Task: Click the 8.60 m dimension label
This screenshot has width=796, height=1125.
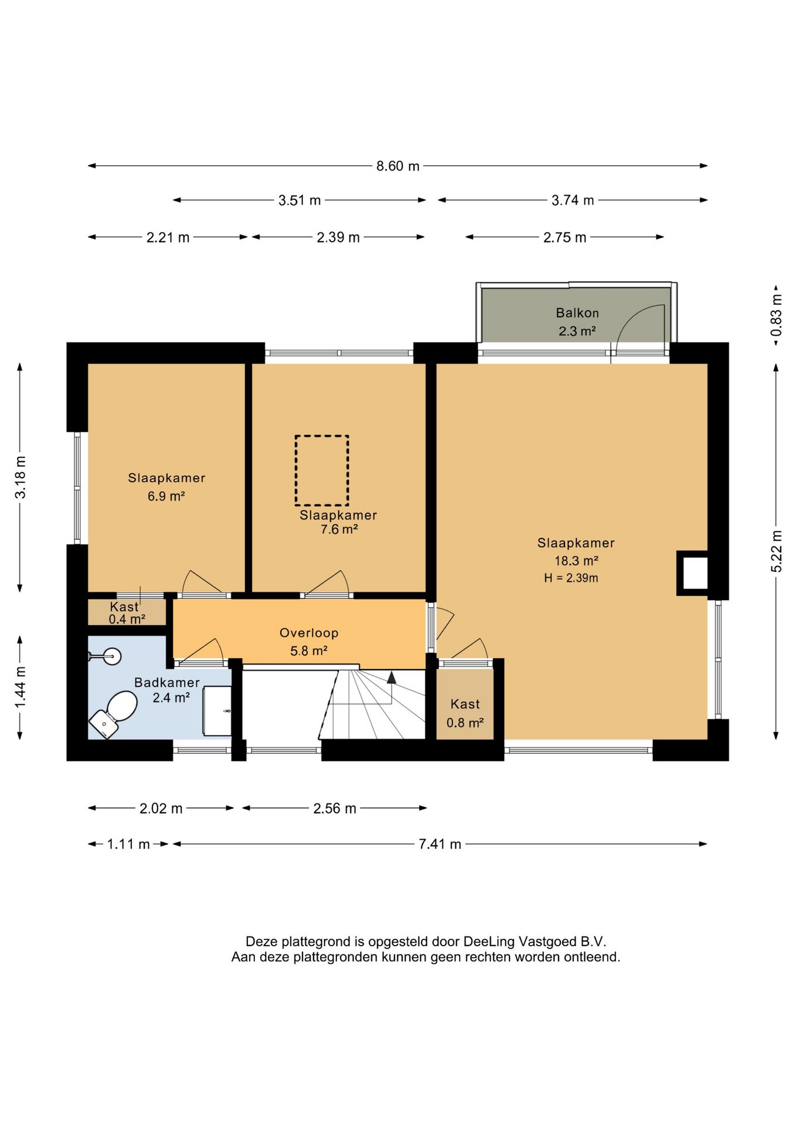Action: click(398, 166)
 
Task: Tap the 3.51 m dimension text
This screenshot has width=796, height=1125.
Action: click(300, 200)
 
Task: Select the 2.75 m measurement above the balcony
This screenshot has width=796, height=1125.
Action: click(564, 237)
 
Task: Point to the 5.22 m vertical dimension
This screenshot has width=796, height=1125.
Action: click(776, 551)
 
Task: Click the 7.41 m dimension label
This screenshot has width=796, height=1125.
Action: click(440, 844)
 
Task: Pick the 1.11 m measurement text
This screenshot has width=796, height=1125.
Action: click(128, 844)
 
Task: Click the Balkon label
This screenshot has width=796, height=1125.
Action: click(577, 313)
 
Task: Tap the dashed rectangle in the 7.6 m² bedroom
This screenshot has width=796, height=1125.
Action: click(322, 471)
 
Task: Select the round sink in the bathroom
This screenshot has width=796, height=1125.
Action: click(111, 656)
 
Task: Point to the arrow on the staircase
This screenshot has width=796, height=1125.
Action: click(391, 678)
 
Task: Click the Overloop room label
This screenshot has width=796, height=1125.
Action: click(309, 633)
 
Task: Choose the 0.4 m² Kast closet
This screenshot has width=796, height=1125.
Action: click(127, 612)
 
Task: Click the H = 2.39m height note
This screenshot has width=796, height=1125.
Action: click(571, 578)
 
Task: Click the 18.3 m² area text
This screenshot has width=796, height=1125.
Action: click(576, 561)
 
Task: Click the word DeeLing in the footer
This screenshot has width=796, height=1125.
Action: click(486, 942)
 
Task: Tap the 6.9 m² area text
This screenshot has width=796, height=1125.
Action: click(166, 496)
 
